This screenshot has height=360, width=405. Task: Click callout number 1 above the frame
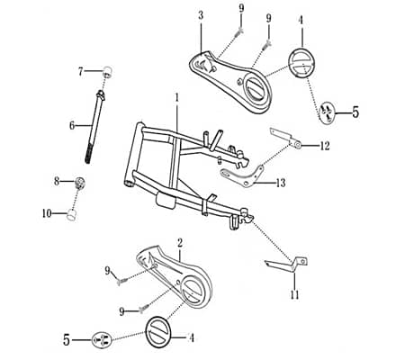[177, 97]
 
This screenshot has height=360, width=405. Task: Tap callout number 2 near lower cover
[180, 243]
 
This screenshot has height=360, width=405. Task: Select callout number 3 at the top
[200, 15]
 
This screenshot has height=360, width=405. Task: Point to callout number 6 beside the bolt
[72, 126]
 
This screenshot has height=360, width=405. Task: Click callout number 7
[80, 70]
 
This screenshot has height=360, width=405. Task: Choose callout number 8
[57, 181]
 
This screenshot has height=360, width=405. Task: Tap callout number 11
[294, 295]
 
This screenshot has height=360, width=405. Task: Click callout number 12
[325, 146]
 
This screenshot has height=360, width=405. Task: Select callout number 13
[281, 183]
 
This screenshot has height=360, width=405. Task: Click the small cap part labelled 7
[107, 71]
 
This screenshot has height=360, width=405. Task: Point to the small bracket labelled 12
[285, 138]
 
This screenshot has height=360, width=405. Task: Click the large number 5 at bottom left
[66, 340]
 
